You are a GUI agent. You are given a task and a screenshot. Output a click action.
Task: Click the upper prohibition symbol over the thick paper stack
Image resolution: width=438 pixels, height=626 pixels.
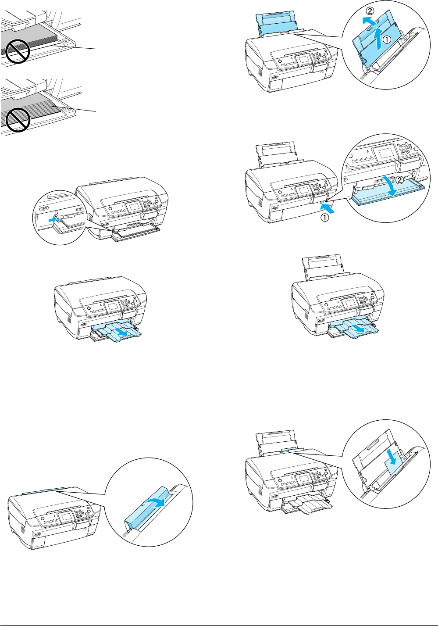18,51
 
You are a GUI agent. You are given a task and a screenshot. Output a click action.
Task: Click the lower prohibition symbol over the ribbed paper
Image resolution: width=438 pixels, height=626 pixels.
18,120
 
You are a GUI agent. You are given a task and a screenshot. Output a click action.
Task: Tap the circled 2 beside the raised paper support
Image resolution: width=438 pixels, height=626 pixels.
370,11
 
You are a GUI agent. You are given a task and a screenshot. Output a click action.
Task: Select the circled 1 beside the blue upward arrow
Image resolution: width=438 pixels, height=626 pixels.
387,39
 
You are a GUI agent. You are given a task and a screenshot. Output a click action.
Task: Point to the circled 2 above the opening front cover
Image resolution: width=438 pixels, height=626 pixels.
400,180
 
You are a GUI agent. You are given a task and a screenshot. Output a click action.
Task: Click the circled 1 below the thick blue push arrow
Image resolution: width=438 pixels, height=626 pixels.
324,218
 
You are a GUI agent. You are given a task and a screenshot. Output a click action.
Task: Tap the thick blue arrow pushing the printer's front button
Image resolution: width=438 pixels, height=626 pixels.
328,207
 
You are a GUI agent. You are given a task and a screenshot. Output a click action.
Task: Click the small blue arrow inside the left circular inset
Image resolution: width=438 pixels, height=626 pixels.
52,220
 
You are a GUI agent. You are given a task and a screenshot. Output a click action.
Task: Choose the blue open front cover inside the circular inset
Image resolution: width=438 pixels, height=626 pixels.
389,193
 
